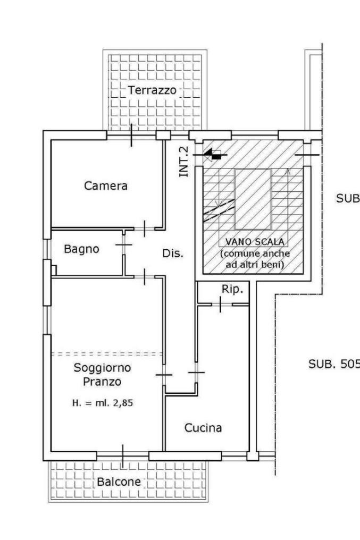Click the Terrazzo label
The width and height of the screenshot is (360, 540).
(152, 90)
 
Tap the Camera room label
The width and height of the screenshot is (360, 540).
(106, 186)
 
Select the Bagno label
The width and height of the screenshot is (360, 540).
(81, 249)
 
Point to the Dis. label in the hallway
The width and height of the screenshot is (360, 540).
(173, 254)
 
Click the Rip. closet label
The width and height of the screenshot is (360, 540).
(232, 290)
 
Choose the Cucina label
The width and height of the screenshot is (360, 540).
(203, 428)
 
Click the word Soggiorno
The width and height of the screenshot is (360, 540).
(103, 367)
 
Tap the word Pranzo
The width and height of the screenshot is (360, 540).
(102, 381)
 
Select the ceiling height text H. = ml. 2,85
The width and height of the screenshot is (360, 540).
(102, 403)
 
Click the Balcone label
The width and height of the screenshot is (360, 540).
(119, 482)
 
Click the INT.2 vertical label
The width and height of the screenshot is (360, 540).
(185, 161)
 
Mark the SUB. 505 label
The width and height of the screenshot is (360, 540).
(334, 364)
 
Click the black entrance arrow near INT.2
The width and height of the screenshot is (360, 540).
(214, 155)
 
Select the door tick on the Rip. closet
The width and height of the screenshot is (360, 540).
(221, 305)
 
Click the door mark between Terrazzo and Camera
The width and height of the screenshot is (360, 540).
(131, 135)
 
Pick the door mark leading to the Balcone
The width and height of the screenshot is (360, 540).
(123, 456)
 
